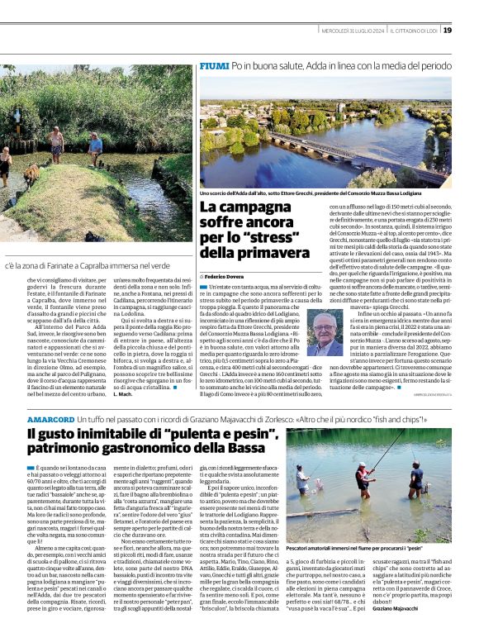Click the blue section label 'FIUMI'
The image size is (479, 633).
pos(214,64)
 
